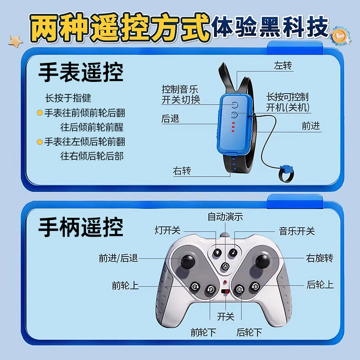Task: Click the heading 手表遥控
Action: point(81,72)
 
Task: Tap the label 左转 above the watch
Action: point(283,66)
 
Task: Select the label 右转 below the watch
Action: point(182,171)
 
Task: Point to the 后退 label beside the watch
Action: point(171,119)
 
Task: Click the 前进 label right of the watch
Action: point(311,126)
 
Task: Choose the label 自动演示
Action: point(225,216)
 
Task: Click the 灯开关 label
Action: point(167,230)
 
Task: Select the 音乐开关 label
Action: point(297,231)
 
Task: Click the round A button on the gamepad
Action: point(225,266)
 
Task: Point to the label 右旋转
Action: point(319,258)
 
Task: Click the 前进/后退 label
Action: point(118,258)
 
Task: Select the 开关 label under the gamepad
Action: point(225,316)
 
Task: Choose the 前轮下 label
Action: point(203,333)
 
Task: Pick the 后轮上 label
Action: point(320,284)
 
